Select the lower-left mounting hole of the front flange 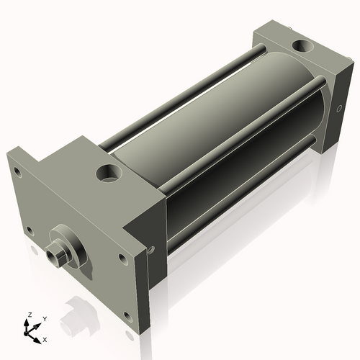pyautogui.click(x=30, y=231)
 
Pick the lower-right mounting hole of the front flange pyautogui.click(x=128, y=315)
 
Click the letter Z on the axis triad pyautogui.click(x=29, y=315)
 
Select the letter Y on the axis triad pyautogui.click(x=44, y=318)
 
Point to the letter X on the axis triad pyautogui.click(x=45, y=338)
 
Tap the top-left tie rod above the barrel pyautogui.click(x=180, y=94)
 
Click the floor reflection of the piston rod pyautogui.click(x=72, y=320)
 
